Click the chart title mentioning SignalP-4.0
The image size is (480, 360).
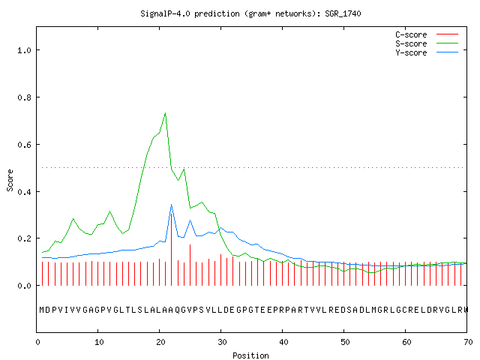coord(250,13)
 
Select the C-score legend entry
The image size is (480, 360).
coord(427,34)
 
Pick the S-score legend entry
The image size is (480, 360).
coord(427,43)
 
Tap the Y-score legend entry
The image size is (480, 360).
coord(427,52)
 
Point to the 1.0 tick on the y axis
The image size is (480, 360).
coord(24,50)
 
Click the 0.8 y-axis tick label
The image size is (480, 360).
coord(24,97)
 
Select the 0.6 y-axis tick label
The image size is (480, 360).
coord(24,145)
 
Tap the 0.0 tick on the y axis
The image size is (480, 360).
coord(24,286)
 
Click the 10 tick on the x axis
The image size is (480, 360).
coord(99,342)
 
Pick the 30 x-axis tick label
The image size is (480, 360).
coord(222,342)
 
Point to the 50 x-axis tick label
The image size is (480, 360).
coord(345,342)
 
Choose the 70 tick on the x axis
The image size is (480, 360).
coord(468,342)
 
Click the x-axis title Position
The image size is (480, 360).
coord(250,355)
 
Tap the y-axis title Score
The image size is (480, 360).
coord(10,180)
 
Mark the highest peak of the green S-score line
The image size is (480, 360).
coord(165,113)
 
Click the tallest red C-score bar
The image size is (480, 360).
coord(172,250)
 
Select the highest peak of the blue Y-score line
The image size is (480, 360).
coord(172,205)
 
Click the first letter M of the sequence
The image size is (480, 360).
coord(42,310)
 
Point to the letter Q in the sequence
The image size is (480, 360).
coord(178,310)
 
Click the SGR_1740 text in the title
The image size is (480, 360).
coord(343,13)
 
